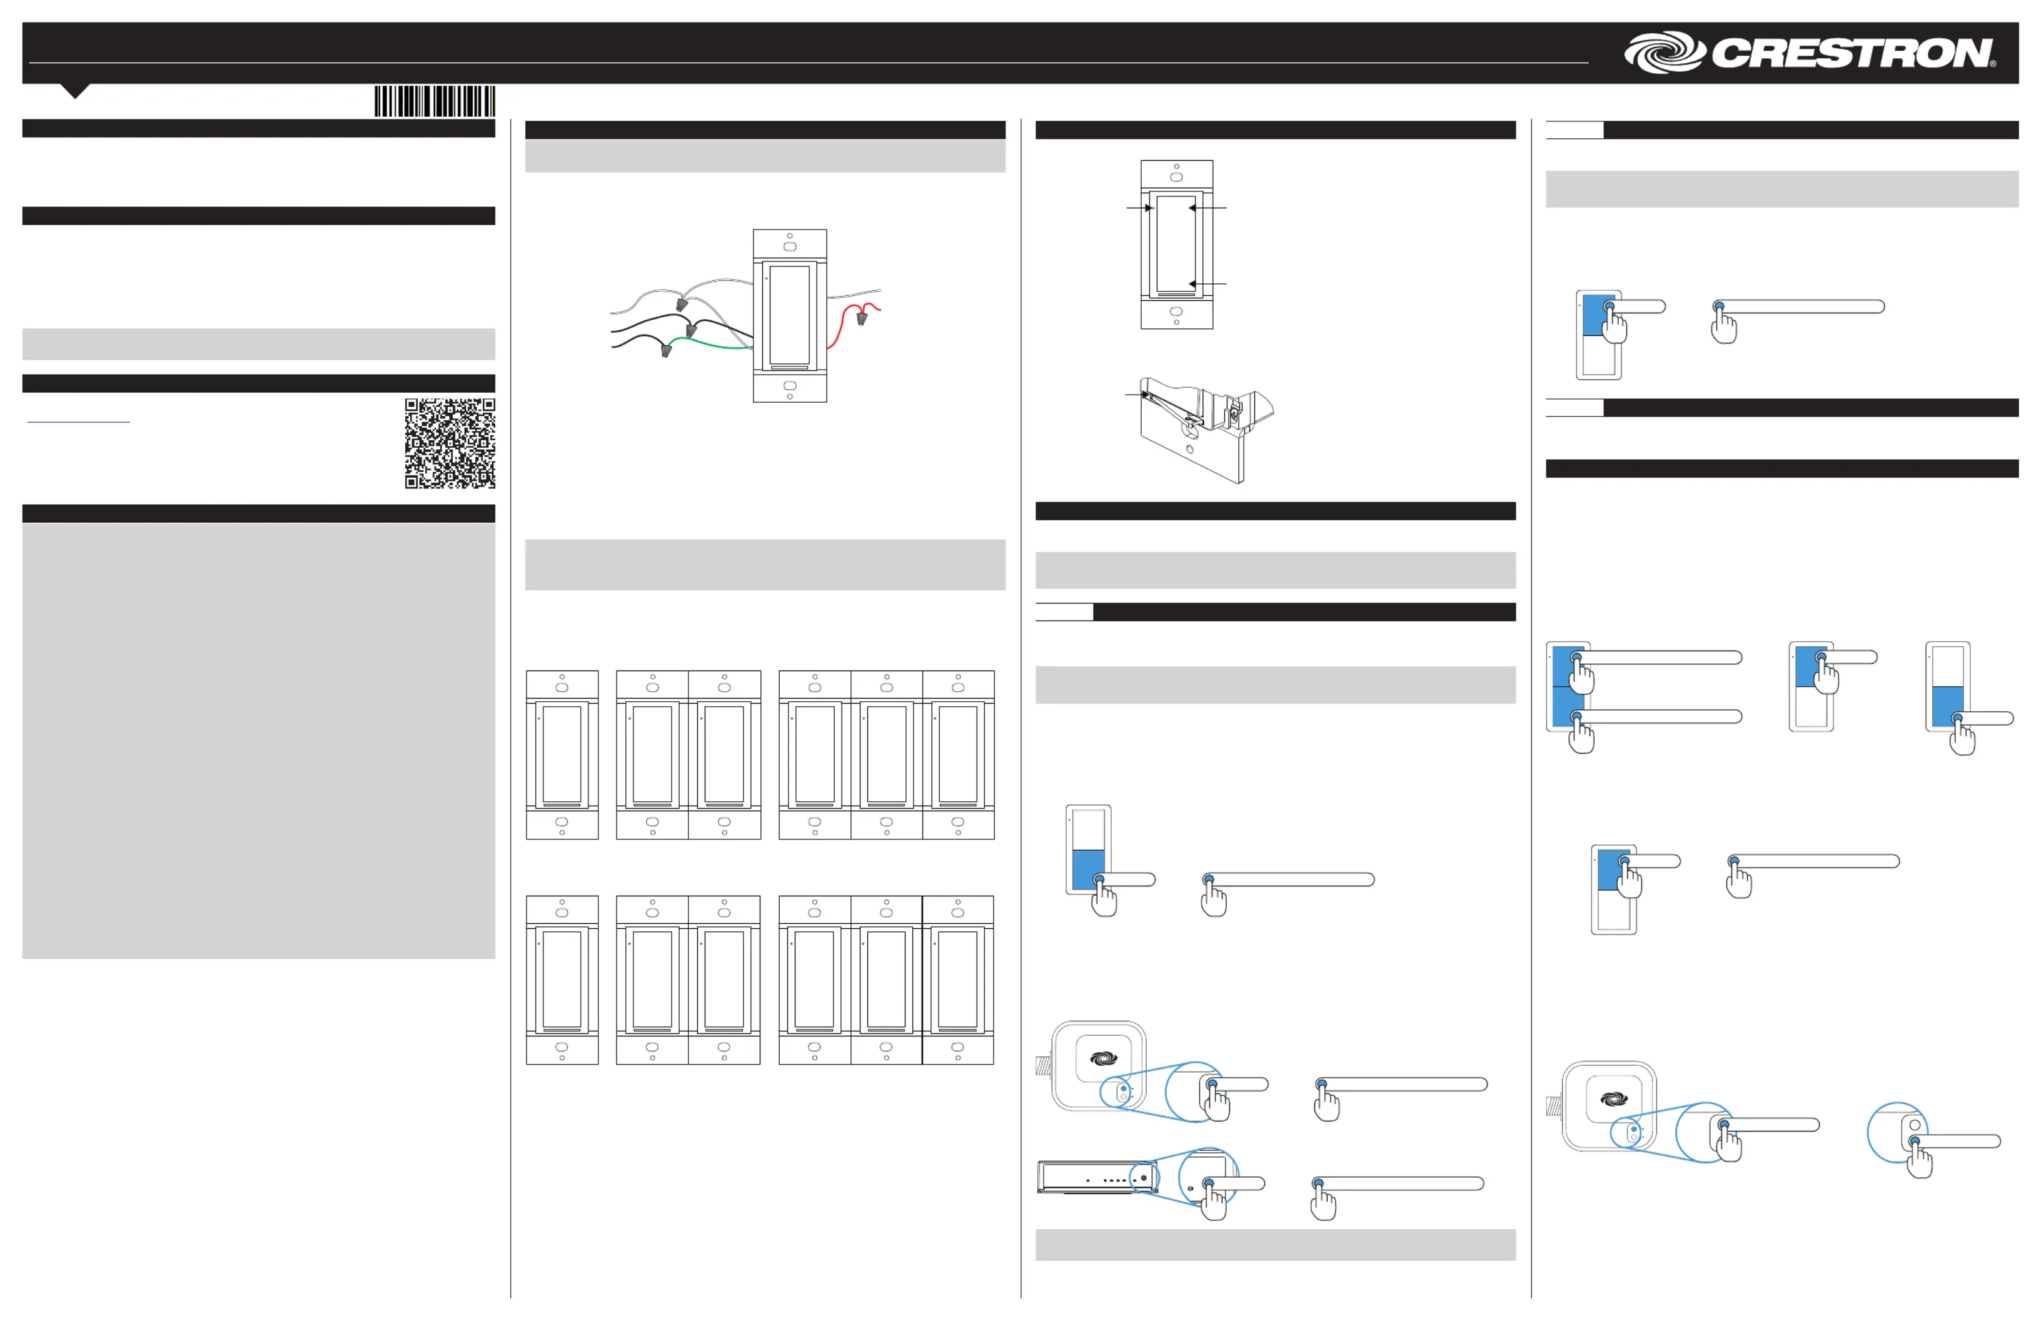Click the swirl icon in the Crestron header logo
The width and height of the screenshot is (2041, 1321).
coord(1665,53)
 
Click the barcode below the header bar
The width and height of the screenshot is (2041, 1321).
coord(435,101)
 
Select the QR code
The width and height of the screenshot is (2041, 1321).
coord(450,443)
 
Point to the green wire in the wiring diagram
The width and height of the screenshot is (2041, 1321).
coord(712,343)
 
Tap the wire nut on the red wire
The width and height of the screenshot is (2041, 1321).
coord(862,318)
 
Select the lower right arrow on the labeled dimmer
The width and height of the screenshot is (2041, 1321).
coord(1207,284)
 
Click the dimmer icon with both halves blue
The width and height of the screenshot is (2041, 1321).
coord(1568,686)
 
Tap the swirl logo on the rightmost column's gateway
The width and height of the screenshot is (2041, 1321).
coord(1614,1099)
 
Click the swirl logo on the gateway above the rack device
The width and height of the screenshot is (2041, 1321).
coord(1104,1058)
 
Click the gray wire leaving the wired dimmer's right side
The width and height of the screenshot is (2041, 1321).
coord(854,294)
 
